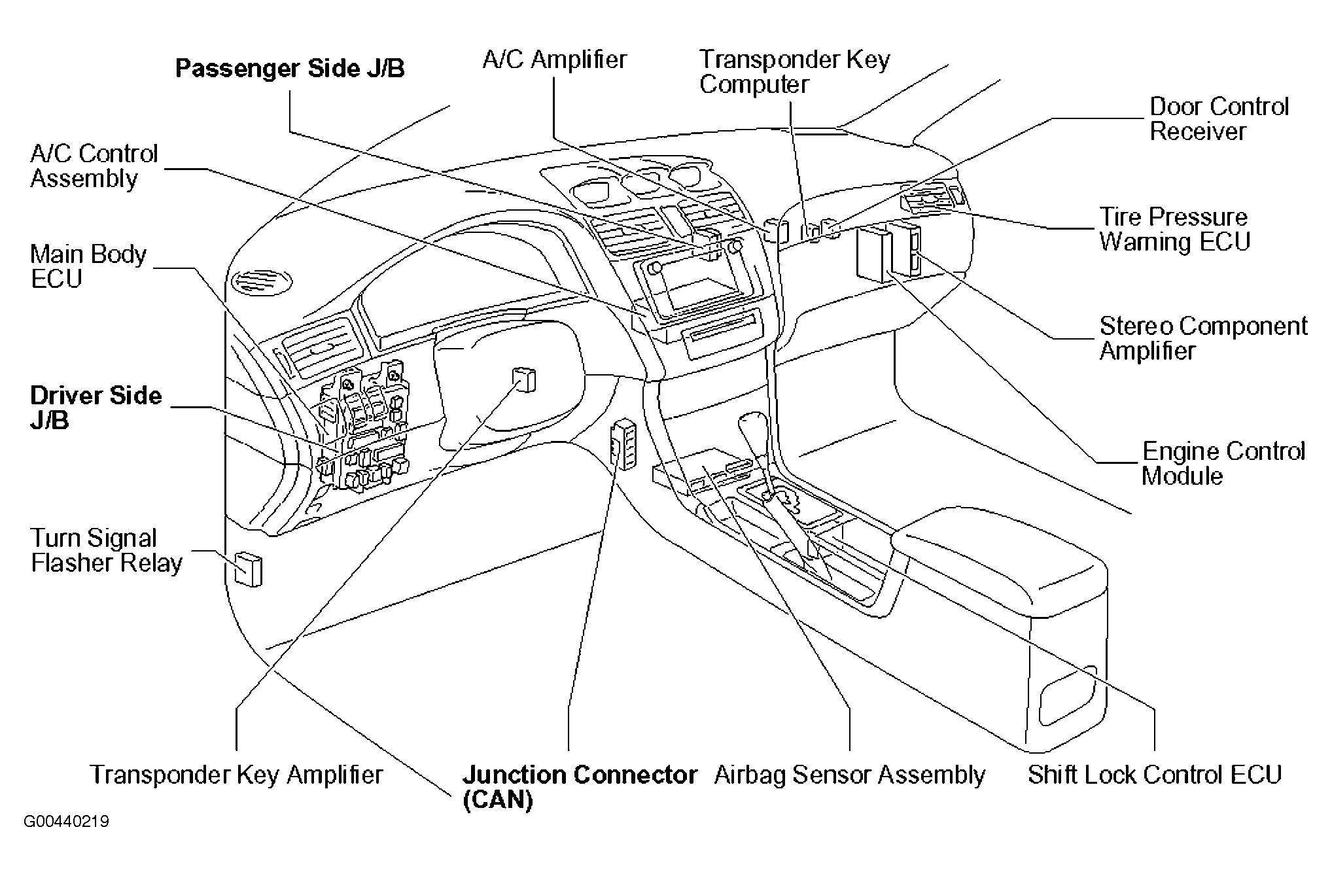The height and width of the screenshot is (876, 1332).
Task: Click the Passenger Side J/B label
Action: coord(290,69)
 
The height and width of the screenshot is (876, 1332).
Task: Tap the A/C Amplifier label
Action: coord(555,60)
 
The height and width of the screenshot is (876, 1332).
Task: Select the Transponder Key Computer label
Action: coord(795,72)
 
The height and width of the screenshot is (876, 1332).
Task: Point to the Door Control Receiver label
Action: coord(1219,119)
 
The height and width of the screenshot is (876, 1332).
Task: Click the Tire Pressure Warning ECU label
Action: coord(1174,229)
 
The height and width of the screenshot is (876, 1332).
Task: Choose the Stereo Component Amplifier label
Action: coord(1204,338)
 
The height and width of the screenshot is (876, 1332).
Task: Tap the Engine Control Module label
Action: coord(1223,463)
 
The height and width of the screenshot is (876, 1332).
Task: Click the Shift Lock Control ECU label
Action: coord(1154,775)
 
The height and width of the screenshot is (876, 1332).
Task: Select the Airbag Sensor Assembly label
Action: coord(849,775)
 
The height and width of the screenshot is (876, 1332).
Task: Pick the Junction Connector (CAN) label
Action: coord(580,787)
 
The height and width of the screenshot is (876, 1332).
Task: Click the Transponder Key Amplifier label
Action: coord(236,775)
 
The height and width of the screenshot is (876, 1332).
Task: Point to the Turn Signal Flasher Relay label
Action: coord(107,551)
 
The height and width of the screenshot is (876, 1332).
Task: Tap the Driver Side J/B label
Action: coord(96,408)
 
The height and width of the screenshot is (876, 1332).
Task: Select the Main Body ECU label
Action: coord(88,266)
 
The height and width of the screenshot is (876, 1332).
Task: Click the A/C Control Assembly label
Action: coord(94,166)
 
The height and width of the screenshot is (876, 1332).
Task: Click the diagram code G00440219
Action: coord(66,822)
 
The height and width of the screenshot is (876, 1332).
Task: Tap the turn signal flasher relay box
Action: coord(248,569)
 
